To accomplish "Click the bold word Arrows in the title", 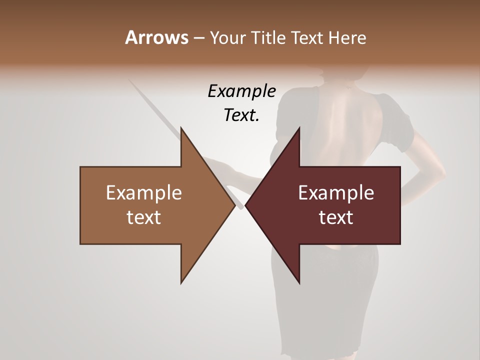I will coord(156,37).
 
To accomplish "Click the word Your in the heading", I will coord(229,38).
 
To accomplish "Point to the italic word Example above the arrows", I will coord(241,91).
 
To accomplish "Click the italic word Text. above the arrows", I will coord(241,115).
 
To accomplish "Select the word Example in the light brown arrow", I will coord(144,192).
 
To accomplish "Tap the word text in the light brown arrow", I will coord(144,217).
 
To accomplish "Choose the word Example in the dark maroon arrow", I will coord(336,192).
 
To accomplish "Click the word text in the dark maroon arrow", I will coord(336,217).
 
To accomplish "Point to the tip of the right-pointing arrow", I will coord(235,205).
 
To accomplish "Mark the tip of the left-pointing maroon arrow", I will coord(245,205).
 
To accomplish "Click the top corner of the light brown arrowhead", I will coord(181,128).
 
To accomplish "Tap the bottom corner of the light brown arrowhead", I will coord(181,283).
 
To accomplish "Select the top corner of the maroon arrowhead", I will coord(299,128).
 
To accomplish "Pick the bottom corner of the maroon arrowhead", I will coord(299,283).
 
